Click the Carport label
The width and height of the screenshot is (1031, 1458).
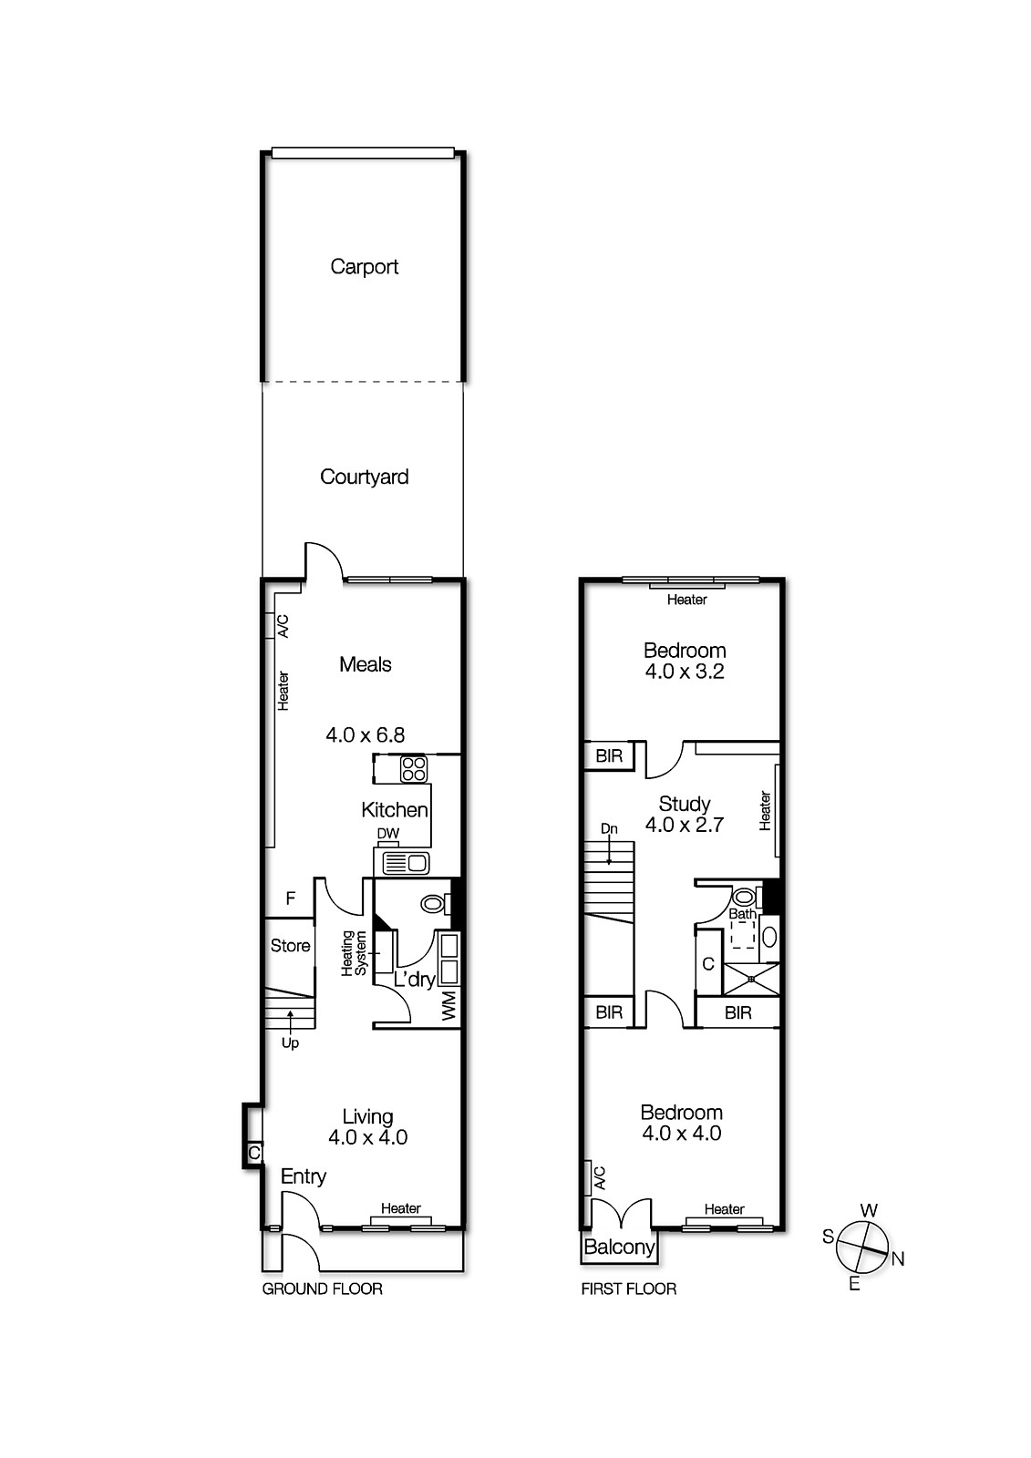click(364, 267)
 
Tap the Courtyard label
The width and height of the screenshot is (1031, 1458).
click(364, 477)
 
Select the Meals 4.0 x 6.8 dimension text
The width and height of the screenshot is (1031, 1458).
click(365, 734)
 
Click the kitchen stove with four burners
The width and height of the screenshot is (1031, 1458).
click(414, 769)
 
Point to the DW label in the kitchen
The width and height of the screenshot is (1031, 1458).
click(387, 834)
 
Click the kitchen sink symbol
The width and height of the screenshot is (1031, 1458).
click(406, 862)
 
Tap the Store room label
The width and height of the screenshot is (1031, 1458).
click(290, 946)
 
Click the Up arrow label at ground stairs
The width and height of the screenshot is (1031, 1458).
click(290, 1042)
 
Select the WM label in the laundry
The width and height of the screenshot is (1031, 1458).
click(448, 1007)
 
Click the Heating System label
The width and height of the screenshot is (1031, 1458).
click(354, 953)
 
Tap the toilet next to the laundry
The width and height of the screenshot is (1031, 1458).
click(434, 904)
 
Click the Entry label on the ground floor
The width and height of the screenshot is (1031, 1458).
click(303, 1176)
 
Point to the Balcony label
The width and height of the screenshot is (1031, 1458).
click(619, 1248)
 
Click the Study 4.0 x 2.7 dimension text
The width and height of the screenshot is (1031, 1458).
click(684, 825)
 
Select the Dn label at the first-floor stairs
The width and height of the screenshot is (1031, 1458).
click(609, 828)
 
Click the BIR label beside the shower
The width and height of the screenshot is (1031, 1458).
click(737, 1012)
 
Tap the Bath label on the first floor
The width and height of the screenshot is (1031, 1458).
click(741, 914)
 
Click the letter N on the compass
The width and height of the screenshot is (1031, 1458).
click(898, 1259)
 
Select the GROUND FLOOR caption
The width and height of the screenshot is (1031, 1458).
click(322, 1289)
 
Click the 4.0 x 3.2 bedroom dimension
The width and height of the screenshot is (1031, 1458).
click(684, 672)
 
